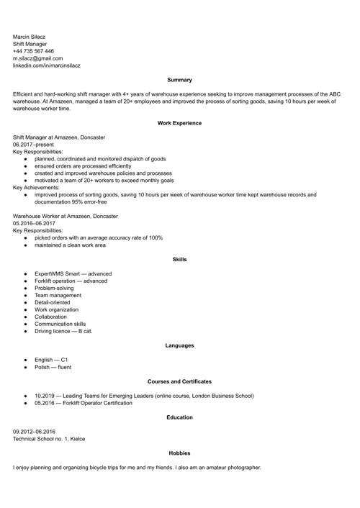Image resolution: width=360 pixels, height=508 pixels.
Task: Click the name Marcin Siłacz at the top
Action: tap(30, 37)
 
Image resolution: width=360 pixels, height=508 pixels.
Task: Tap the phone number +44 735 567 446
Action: tap(33, 51)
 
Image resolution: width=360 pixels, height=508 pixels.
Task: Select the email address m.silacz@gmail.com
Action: tap(37, 58)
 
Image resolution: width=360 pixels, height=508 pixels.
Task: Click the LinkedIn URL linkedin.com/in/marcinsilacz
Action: tap(46, 65)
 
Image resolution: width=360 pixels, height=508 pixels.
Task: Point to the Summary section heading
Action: tap(179, 80)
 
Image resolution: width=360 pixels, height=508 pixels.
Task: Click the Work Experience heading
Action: tap(179, 123)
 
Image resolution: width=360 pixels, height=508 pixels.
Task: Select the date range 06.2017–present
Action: tap(33, 145)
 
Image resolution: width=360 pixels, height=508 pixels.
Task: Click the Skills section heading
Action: tap(179, 259)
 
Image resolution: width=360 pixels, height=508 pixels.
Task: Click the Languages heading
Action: tap(179, 345)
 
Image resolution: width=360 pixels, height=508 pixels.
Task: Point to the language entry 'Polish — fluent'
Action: tap(53, 367)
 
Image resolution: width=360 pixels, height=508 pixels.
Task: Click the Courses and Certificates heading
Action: tap(179, 381)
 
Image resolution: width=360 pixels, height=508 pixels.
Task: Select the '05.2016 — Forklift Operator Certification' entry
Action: tap(83, 403)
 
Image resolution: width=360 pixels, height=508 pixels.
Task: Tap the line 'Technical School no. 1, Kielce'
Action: tap(48, 439)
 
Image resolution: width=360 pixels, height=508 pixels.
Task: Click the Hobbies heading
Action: tap(179, 453)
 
